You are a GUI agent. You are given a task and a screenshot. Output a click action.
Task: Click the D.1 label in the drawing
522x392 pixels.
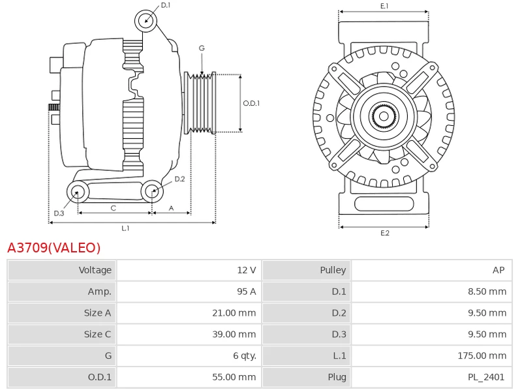click(165, 5)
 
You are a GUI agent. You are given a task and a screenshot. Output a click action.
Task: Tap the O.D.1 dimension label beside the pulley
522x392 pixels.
click(251, 103)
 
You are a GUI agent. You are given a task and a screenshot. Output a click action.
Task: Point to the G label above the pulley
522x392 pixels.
click(202, 48)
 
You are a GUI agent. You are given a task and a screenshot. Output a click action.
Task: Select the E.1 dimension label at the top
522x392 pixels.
click(384, 6)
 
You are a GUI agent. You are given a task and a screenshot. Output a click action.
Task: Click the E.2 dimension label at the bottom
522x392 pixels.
click(384, 233)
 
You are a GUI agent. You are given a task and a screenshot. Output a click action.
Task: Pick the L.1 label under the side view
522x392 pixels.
click(125, 228)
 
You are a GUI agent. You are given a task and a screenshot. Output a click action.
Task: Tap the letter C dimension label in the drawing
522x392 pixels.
click(113, 208)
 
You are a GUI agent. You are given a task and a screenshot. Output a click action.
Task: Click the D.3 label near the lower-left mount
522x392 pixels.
click(59, 213)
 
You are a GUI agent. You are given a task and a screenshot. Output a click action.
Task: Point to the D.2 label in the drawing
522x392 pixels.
click(179, 179)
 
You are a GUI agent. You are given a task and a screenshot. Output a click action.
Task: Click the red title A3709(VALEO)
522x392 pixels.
click(54, 248)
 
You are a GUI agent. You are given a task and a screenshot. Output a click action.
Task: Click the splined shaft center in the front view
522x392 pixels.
click(384, 117)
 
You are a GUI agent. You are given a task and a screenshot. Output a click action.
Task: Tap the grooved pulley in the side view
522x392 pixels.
click(200, 103)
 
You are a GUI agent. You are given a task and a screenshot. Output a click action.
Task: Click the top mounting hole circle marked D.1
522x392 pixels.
click(146, 21)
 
